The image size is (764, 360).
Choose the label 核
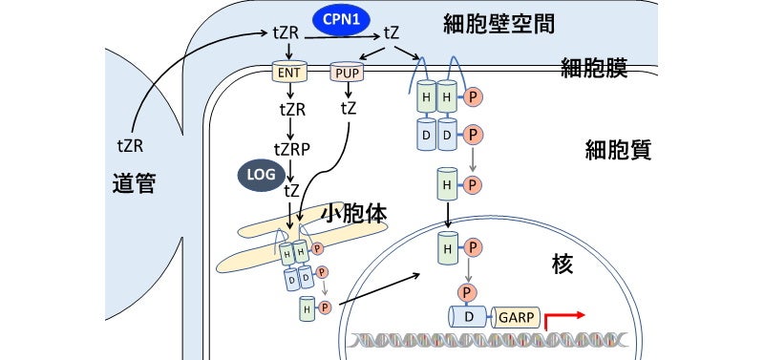pyautogui.click(x=562, y=265)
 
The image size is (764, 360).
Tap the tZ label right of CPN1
pyautogui.click(x=392, y=33)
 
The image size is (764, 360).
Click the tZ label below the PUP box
pyautogui.click(x=350, y=107)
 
